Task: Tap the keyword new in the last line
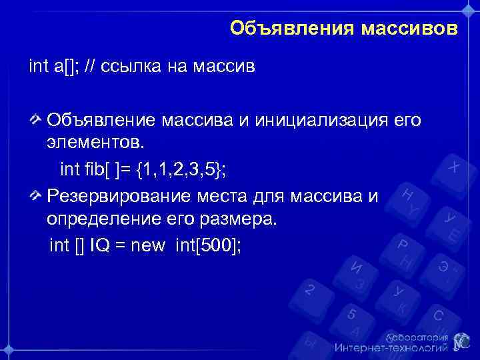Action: (148, 246)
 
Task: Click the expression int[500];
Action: (208, 246)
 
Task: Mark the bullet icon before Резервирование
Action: (35, 195)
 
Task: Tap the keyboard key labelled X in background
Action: (453, 166)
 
